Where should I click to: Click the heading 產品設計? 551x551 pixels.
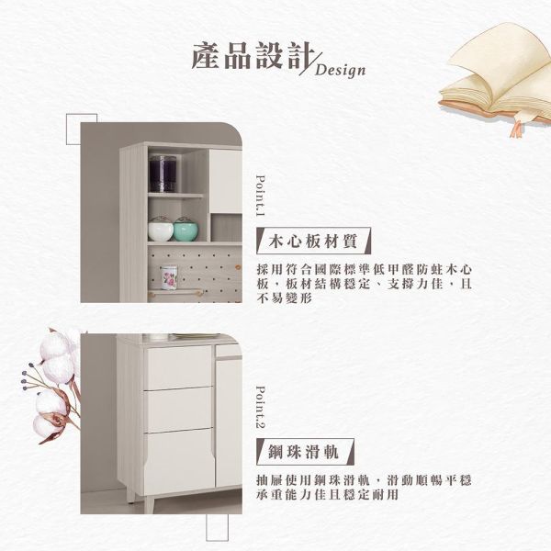click(x=253, y=55)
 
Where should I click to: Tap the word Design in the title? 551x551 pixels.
click(x=340, y=70)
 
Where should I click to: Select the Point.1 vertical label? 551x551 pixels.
click(x=261, y=196)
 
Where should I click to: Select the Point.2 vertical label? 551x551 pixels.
click(x=261, y=407)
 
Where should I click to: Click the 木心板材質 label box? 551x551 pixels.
click(x=313, y=241)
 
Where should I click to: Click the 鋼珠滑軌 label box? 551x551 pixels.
click(x=305, y=452)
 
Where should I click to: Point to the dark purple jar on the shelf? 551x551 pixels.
click(x=163, y=174)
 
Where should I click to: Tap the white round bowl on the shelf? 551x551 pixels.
click(x=161, y=229)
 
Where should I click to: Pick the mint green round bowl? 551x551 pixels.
click(x=186, y=229)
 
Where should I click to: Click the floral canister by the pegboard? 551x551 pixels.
click(x=169, y=277)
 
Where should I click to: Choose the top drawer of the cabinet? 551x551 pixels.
click(x=178, y=366)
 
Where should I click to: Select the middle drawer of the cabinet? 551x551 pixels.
click(x=178, y=410)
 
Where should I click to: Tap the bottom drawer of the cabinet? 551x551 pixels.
click(x=179, y=461)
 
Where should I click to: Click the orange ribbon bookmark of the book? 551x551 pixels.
click(x=517, y=129)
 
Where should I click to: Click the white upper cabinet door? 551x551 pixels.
click(x=226, y=182)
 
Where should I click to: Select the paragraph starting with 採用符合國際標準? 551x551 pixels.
click(x=364, y=284)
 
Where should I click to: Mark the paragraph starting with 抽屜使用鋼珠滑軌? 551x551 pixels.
click(x=364, y=488)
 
